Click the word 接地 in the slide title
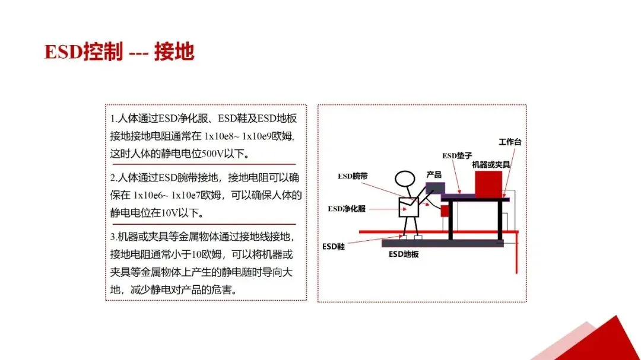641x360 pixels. click(174, 52)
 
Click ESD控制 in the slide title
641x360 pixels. click(83, 52)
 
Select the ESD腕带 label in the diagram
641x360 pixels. click(353, 176)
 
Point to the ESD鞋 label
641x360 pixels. click(333, 246)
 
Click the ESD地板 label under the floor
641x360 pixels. click(404, 254)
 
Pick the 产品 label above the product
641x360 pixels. click(434, 175)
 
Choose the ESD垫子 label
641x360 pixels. click(456, 155)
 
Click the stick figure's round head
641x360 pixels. click(406, 180)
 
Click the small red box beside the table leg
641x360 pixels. click(445, 211)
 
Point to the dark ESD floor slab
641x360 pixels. click(442, 243)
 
